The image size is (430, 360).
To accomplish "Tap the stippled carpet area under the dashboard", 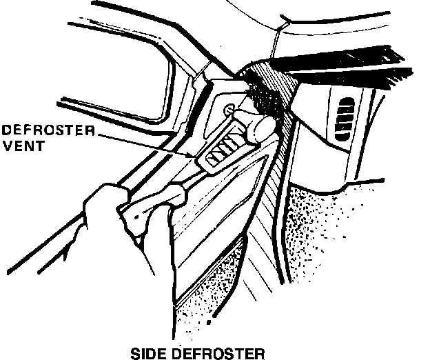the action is [x=345, y=228].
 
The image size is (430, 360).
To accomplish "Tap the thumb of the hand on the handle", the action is [x=169, y=200].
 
